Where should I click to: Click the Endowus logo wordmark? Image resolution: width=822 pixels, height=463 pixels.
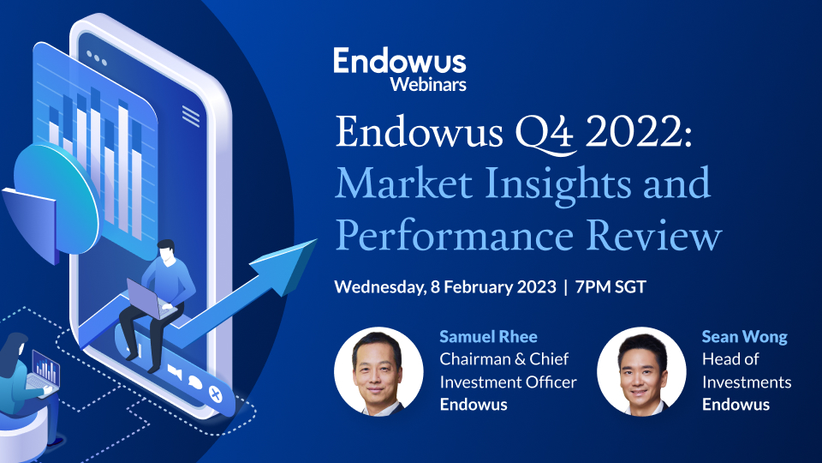point(400,62)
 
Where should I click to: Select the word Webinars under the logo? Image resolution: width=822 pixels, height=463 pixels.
point(428,84)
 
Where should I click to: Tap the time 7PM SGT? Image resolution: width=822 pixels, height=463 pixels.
point(610,286)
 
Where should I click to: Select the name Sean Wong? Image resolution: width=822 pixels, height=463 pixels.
point(743,336)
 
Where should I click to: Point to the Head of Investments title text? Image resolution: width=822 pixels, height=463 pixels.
point(746,370)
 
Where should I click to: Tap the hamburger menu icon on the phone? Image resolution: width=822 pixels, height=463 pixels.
point(191,117)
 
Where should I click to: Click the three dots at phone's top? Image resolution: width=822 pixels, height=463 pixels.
point(97,61)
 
